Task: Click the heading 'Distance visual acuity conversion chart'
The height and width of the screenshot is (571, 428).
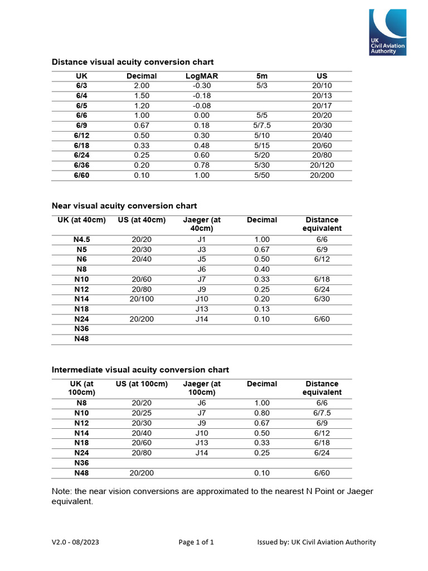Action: [x=133, y=62]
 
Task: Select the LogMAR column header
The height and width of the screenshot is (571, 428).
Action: [x=201, y=76]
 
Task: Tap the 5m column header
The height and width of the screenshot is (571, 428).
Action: [x=262, y=76]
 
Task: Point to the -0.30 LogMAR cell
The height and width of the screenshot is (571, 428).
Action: [x=201, y=85]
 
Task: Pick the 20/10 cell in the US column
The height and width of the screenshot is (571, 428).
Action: [x=322, y=85]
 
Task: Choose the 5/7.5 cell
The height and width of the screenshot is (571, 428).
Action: [x=262, y=125]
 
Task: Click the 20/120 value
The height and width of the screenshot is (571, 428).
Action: [x=322, y=166]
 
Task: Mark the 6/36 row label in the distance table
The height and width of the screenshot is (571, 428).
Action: [x=81, y=166]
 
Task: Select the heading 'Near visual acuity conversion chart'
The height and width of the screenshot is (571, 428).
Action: [x=124, y=206]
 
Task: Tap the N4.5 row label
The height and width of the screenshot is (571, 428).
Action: [x=81, y=239]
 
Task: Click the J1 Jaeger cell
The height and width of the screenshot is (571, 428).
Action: [x=201, y=239]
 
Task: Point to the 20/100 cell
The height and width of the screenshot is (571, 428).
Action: [x=142, y=299]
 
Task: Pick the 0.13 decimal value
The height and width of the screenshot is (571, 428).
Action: [x=262, y=309]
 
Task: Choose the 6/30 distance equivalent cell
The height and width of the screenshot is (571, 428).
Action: [x=322, y=299]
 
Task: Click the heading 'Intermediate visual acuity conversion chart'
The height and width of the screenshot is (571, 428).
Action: [x=140, y=370]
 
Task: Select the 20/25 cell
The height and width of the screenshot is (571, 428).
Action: [x=142, y=413]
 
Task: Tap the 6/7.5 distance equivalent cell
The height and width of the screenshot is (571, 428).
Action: [x=322, y=413]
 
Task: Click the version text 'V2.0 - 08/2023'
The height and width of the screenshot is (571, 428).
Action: [x=76, y=542]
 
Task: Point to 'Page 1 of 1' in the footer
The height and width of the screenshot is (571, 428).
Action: [x=196, y=542]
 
